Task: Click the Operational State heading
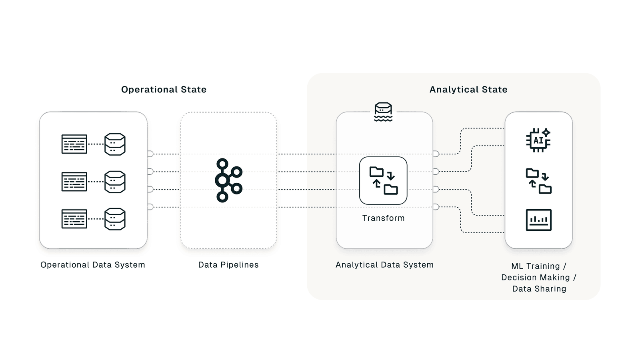[x=164, y=90]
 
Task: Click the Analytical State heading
[x=468, y=90]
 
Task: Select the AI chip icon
[x=538, y=140]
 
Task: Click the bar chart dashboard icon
[x=538, y=220]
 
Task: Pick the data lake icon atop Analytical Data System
[x=383, y=112]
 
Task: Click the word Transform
[x=383, y=218]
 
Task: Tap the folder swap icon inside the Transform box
[x=383, y=181]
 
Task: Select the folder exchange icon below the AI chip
[x=538, y=181]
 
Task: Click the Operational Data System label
[x=93, y=265]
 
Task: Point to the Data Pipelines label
[x=228, y=265]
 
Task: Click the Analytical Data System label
[x=384, y=265]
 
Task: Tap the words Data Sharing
[x=539, y=289]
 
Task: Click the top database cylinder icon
[x=115, y=144]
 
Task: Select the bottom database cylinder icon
[x=115, y=219]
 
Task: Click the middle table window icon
[x=74, y=182]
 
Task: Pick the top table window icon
[x=74, y=144]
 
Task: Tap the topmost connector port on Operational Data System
[x=150, y=154]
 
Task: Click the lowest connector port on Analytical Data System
[x=436, y=207]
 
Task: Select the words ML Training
[x=535, y=266]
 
